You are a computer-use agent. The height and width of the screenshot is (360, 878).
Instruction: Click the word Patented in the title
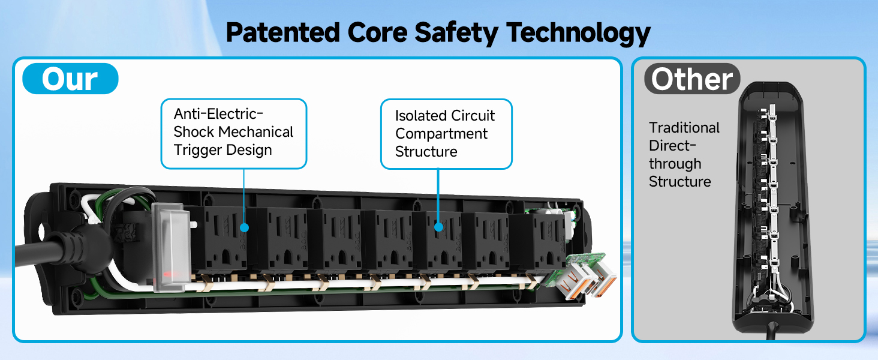click(x=282, y=32)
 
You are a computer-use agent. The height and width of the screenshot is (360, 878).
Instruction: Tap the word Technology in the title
click(x=578, y=34)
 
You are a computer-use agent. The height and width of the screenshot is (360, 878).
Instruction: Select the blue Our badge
click(x=70, y=79)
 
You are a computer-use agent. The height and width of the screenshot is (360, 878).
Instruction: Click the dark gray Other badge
click(x=692, y=79)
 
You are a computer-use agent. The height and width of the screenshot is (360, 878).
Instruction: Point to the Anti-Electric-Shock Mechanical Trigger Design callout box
click(x=234, y=134)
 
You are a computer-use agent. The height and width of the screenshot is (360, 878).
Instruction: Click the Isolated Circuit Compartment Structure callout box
click(x=446, y=134)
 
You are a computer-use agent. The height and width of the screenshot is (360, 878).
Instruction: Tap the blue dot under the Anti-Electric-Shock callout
click(x=244, y=227)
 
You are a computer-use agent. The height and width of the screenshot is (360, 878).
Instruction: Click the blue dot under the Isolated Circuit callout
click(x=438, y=227)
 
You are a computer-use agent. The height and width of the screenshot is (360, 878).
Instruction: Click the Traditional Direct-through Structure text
click(x=684, y=155)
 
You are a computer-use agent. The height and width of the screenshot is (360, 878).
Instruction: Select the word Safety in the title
click(x=456, y=34)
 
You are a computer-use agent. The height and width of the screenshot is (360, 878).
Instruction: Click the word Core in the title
click(x=377, y=32)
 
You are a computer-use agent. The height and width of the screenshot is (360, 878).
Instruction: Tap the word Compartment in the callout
click(x=441, y=134)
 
